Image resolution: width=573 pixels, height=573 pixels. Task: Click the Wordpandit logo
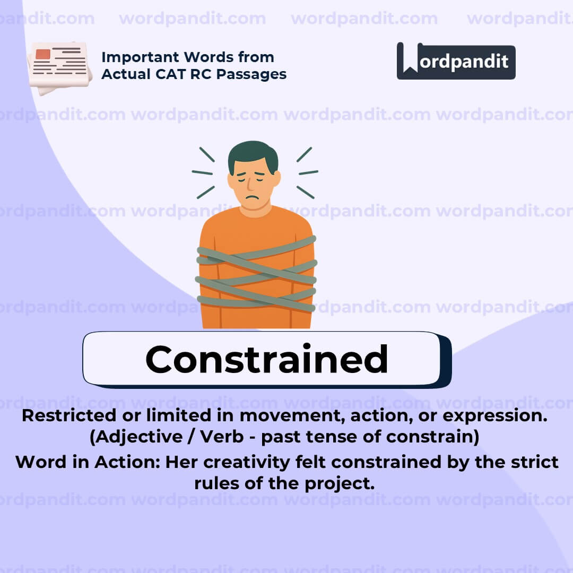pos(456,60)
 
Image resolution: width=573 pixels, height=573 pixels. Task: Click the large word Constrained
pos(266,359)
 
